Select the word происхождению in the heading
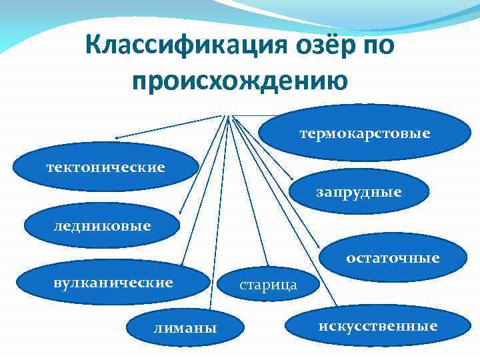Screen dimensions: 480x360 pos(240,82)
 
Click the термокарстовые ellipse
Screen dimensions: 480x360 pos(364,134)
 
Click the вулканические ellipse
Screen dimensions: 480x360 pos(113,283)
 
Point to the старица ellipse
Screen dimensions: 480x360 pos(268,285)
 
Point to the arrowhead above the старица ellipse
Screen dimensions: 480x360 pos(266,263)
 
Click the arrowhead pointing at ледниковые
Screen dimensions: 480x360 pos(181,211)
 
